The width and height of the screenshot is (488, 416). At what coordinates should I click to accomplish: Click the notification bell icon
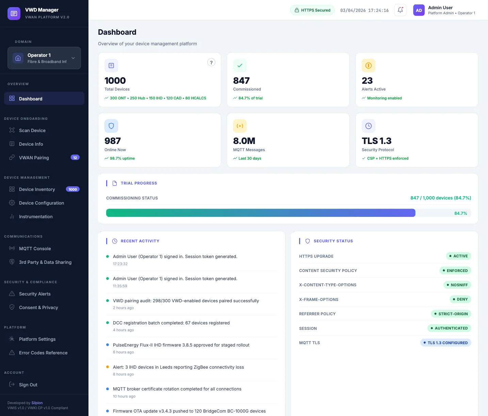point(400,10)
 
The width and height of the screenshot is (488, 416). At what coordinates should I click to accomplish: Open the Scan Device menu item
point(32,130)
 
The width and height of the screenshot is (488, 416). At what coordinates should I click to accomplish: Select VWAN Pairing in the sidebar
point(34,158)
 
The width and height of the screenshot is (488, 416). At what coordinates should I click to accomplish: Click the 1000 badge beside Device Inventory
point(73,189)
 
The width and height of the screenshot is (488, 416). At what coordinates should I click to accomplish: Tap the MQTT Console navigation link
point(35,249)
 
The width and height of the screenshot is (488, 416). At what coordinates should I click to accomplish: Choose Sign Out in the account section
point(28,385)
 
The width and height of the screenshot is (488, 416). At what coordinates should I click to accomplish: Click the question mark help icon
point(211,62)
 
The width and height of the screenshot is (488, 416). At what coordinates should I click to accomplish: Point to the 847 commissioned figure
point(241,81)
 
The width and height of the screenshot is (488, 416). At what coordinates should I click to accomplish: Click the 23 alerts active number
point(367,81)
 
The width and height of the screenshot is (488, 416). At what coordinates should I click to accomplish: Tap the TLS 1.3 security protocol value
point(376,141)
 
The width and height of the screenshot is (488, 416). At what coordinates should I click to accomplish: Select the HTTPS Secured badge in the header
point(312,10)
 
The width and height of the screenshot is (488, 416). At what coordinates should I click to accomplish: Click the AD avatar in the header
point(419,10)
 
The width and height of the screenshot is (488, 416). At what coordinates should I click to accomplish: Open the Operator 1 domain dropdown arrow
point(73,58)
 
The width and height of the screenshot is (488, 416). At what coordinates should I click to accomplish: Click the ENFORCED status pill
point(455,271)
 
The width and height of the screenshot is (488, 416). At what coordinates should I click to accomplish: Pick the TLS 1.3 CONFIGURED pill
point(445,343)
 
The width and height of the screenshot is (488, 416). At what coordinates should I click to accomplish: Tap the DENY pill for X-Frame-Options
point(460,299)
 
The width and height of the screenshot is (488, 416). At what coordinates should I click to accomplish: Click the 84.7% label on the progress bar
point(460,213)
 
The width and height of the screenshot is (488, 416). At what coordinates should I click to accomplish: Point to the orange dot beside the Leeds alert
point(108,367)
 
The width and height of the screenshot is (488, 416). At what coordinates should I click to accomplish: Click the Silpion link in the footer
point(37,403)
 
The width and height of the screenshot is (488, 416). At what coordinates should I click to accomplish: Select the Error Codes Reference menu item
point(43,353)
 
